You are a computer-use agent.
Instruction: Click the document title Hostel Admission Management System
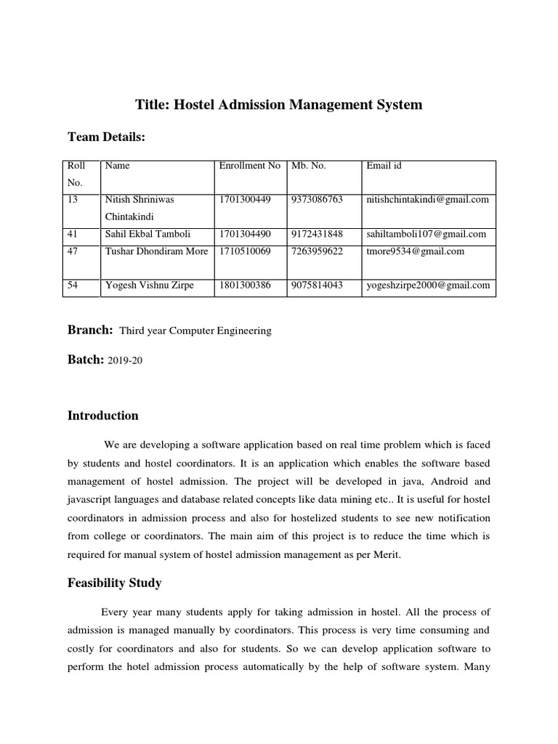point(279,105)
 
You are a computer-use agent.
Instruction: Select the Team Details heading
point(106,137)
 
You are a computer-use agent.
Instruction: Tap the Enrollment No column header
point(249,166)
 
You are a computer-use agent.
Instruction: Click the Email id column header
point(384,166)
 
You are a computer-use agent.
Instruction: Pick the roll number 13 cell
point(73,199)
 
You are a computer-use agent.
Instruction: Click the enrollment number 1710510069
point(244,251)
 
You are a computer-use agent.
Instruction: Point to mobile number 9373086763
point(316,199)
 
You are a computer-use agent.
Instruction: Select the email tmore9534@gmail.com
point(416,251)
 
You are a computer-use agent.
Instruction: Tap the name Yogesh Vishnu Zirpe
point(150,286)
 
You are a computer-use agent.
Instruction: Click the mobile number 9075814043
point(316,286)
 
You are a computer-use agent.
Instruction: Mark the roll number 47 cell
point(73,251)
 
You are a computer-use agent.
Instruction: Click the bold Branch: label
point(90,330)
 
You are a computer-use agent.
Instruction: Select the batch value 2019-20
point(125,361)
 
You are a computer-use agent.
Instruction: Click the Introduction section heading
point(102,416)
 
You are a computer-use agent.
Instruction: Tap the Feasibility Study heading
point(114,583)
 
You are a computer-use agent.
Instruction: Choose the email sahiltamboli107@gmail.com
point(426,234)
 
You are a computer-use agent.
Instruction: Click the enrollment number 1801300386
point(244,286)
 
